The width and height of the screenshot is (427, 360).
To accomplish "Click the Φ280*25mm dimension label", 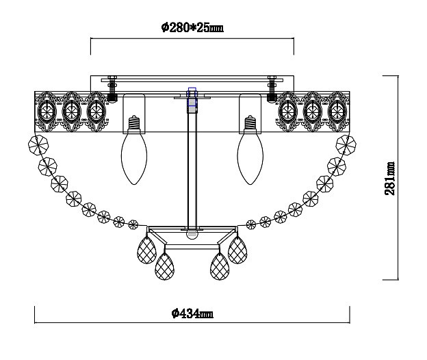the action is (x=192, y=27).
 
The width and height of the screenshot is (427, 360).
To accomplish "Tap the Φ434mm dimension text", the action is (x=192, y=313).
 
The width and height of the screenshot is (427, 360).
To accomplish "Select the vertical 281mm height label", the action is (x=389, y=178).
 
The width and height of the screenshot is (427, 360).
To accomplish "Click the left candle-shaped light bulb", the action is (x=134, y=157).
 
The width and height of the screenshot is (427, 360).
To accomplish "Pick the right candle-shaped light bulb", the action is (x=250, y=157).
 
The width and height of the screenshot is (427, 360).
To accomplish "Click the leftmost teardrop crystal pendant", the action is (x=146, y=250).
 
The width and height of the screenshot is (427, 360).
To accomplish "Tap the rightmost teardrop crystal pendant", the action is (x=237, y=250).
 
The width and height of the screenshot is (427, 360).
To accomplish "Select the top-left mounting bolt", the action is (x=112, y=88).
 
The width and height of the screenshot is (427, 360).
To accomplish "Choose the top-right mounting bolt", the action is (x=272, y=88).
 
